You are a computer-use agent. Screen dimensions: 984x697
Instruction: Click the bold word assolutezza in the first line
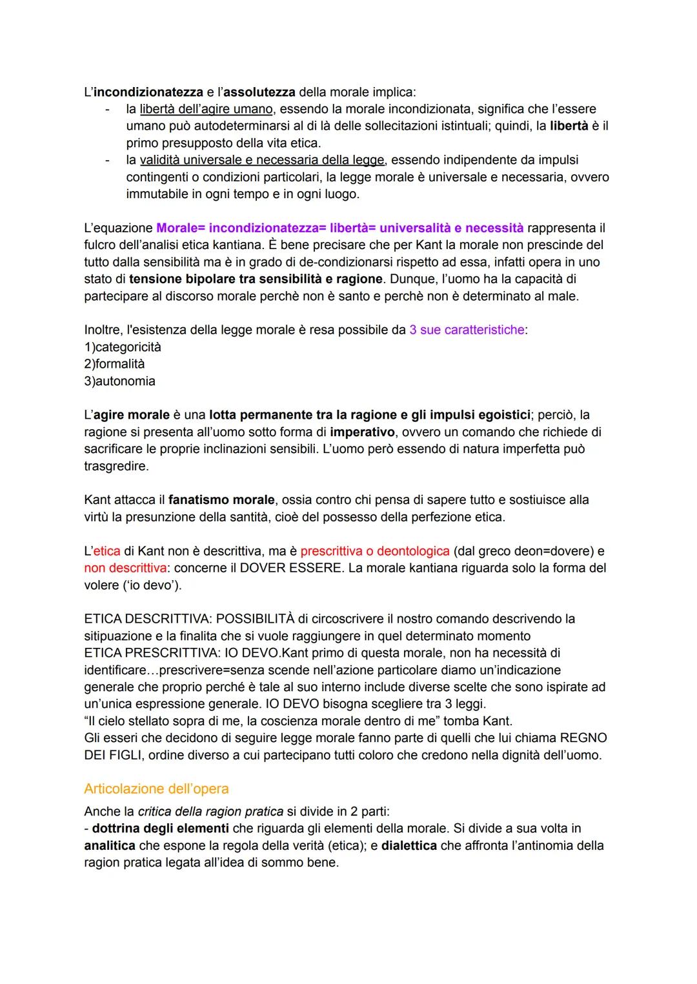click(259, 92)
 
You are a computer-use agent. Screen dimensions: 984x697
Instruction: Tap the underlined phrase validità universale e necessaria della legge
click(262, 159)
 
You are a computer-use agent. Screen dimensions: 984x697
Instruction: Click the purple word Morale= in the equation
click(180, 228)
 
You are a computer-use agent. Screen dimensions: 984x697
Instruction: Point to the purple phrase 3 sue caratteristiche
click(467, 330)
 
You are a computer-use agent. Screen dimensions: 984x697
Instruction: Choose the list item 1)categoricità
click(123, 347)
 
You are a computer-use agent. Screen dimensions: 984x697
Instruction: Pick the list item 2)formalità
click(114, 364)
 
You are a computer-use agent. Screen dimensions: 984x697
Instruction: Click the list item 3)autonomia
click(119, 381)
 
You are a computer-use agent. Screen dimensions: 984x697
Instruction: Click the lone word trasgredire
click(116, 466)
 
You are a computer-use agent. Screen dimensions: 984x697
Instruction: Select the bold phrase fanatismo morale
click(221, 499)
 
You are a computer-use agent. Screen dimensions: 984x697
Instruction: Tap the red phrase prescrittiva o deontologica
click(375, 551)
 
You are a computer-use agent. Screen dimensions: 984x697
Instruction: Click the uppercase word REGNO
click(583, 738)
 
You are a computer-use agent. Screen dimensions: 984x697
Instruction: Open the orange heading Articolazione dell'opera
click(156, 788)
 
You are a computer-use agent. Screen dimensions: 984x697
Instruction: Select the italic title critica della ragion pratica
click(210, 812)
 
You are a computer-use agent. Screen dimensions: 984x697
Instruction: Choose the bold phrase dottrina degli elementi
click(160, 828)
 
